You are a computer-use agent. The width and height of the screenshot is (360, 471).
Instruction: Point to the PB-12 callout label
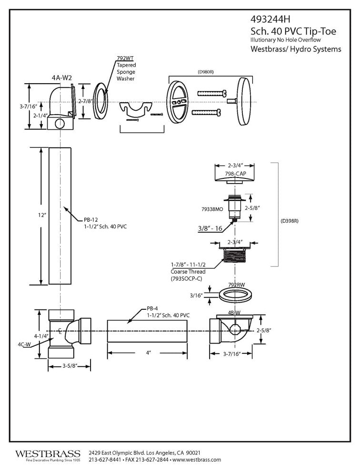[90, 219]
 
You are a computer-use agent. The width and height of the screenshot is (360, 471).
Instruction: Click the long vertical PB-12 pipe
[60, 216]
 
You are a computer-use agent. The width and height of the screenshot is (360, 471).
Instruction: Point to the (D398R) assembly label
[291, 221]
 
